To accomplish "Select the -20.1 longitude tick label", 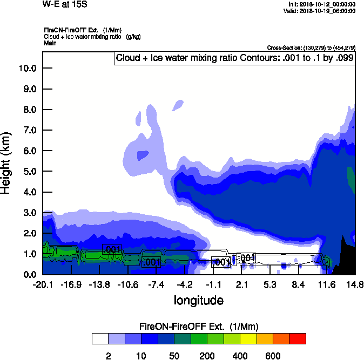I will point(42,284).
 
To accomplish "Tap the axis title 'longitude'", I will point(198,300).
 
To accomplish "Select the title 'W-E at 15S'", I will point(65,4).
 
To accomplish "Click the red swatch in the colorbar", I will point(298,338).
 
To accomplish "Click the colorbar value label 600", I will point(273,356).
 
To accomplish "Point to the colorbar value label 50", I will point(174,356).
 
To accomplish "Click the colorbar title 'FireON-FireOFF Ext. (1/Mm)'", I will point(199,327).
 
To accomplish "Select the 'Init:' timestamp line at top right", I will point(322,4).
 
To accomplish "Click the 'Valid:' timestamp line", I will point(320,11).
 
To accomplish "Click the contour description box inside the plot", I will point(234,58).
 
